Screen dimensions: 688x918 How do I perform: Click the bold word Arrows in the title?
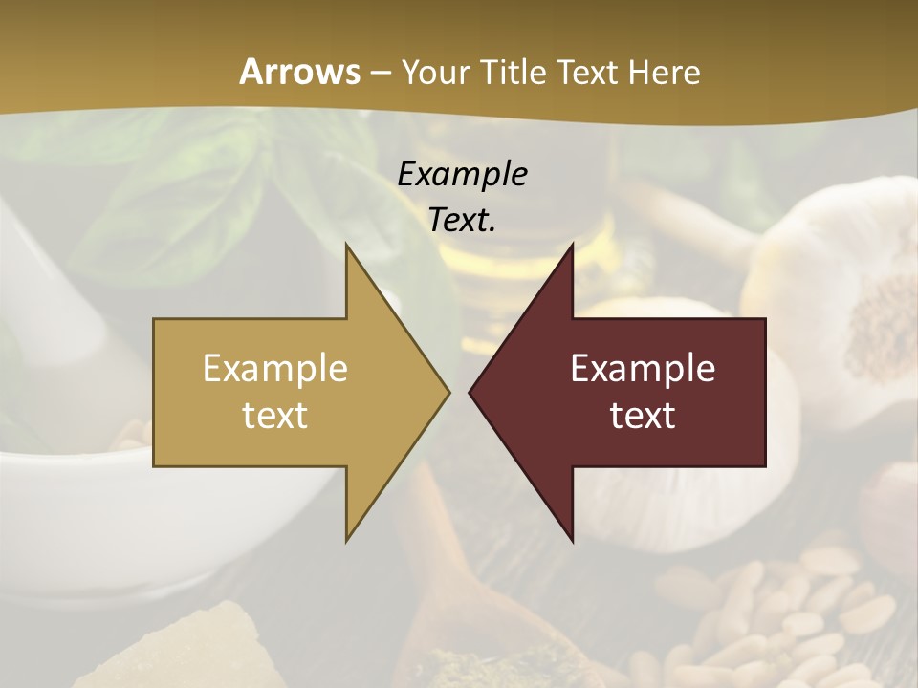click(x=299, y=72)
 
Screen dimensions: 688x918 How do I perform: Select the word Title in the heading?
click(x=517, y=72)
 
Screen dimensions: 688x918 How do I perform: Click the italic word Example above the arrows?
click(x=462, y=174)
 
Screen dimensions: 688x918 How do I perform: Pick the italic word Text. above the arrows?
click(x=462, y=220)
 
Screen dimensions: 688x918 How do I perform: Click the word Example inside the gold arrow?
click(x=275, y=368)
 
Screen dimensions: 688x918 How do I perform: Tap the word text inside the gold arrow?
click(x=275, y=415)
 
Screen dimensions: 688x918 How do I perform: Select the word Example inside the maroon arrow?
click(x=643, y=368)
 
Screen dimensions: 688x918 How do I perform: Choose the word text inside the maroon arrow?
click(x=643, y=415)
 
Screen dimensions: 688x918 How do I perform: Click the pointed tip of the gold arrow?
click(x=448, y=392)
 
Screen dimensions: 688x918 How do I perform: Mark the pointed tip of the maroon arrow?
click(x=470, y=392)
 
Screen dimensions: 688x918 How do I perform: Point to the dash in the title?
click(x=380, y=72)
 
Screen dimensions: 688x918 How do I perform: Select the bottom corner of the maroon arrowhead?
click(x=572, y=541)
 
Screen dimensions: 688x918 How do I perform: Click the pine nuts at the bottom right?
click(x=803, y=612)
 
